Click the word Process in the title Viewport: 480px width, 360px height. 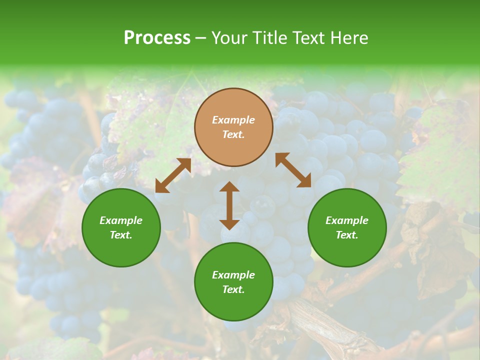157,38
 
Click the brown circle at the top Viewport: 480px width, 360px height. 233,127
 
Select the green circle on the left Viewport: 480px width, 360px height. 121,227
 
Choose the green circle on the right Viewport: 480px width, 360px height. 347,227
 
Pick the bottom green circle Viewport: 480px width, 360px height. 233,282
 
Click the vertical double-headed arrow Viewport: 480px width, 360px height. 229,205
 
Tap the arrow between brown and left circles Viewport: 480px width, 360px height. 173,175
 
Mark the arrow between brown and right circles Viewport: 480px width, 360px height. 293,170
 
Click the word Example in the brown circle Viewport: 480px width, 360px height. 233,120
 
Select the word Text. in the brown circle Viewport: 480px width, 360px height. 233,134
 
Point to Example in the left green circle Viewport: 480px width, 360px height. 121,220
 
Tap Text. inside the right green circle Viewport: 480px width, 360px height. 347,235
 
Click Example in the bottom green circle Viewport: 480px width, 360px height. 233,275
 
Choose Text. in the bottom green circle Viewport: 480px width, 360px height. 233,289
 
